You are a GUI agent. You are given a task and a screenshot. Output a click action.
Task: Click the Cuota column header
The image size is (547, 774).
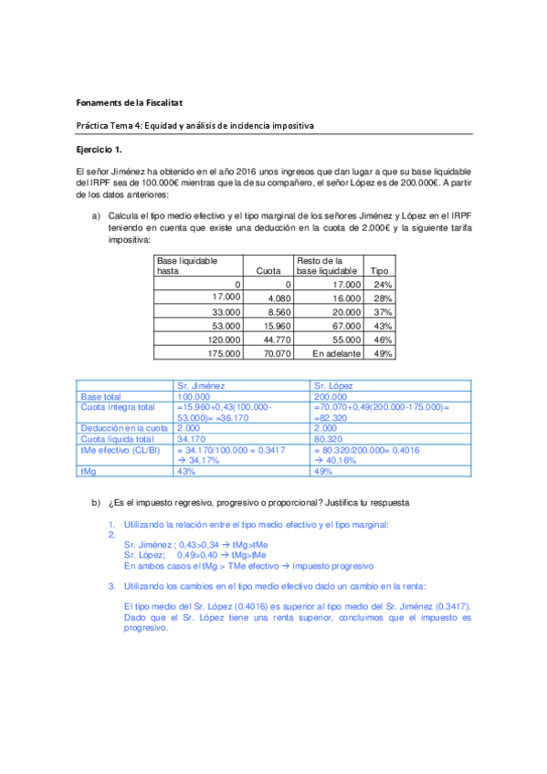268,271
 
